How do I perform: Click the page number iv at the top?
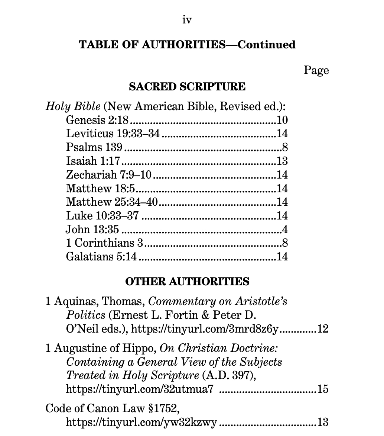coord(187,20)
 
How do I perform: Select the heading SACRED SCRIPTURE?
coord(187,87)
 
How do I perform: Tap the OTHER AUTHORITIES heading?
coord(187,282)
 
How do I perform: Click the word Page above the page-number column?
coord(316,70)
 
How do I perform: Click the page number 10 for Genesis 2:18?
coord(282,120)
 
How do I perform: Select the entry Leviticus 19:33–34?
coord(113,134)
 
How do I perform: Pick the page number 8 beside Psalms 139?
coord(285,147)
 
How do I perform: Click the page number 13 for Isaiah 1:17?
coord(282,161)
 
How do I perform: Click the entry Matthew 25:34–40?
coord(112,202)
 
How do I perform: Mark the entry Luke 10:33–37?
coord(102,215)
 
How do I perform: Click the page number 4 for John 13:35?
coord(285,229)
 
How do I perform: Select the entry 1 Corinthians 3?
coord(104,243)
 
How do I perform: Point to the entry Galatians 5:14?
coord(101,257)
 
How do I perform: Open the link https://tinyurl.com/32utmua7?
coord(140,389)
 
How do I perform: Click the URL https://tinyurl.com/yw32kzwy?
coord(141,422)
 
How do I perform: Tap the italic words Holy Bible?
coord(73,106)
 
